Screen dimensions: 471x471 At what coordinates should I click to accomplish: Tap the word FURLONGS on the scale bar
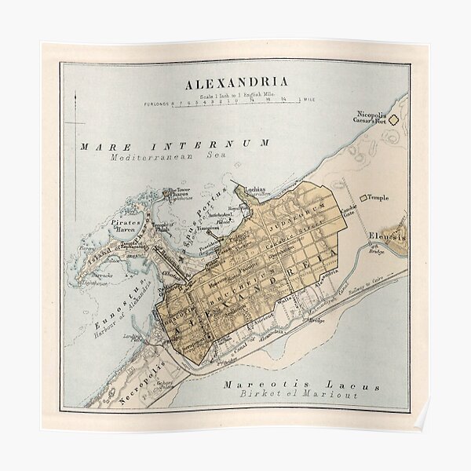(157, 103)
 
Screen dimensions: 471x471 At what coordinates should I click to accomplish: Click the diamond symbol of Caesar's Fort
(396, 120)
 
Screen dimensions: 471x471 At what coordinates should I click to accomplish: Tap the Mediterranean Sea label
(174, 155)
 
